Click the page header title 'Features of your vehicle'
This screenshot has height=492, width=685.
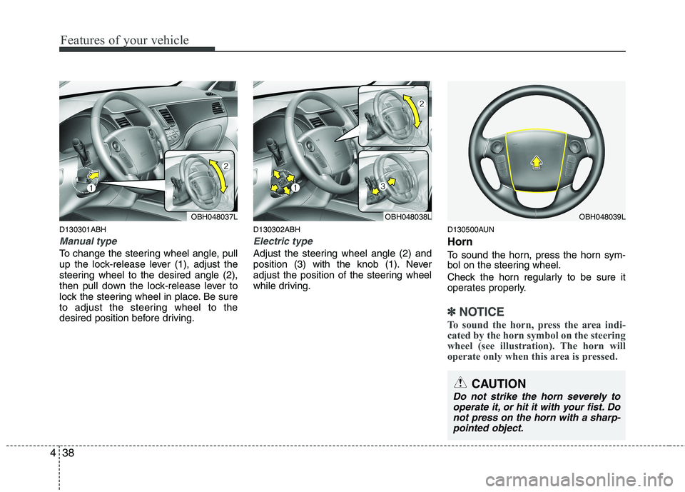tap(124, 40)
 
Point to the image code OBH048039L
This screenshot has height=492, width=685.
tap(602, 216)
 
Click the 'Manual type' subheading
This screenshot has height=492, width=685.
tap(87, 241)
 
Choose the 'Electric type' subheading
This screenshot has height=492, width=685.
tap(283, 241)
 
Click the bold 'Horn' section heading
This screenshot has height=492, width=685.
tap(460, 242)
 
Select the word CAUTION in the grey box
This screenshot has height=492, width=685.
tap(499, 383)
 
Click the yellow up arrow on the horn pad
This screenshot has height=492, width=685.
tap(535, 161)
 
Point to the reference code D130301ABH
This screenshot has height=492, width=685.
tap(83, 229)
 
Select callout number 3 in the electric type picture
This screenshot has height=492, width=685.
tap(382, 186)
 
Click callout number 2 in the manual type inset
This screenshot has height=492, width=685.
tap(225, 166)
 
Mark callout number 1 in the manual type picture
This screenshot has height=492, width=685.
tap(91, 186)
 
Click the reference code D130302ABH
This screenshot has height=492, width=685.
tap(277, 229)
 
